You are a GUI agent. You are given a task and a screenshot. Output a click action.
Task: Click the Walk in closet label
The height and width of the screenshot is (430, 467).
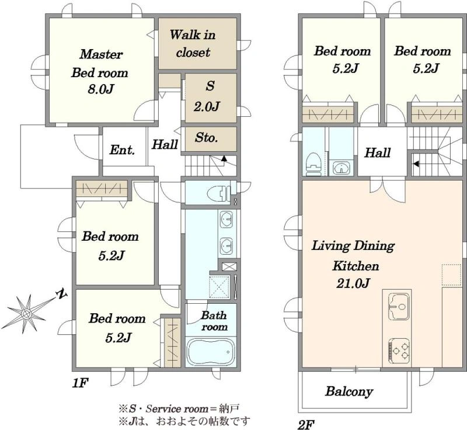pyautogui.click(x=193, y=43)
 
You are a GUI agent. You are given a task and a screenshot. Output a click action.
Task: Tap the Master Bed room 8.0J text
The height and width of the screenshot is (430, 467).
pyautogui.click(x=100, y=72)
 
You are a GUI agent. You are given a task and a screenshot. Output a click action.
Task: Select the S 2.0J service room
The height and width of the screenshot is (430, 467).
pyautogui.click(x=210, y=98)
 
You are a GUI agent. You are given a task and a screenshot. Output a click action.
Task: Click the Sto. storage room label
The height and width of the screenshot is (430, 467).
pyautogui.click(x=207, y=138)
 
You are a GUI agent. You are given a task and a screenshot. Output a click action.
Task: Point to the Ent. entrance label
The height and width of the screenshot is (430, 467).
pyautogui.click(x=122, y=150)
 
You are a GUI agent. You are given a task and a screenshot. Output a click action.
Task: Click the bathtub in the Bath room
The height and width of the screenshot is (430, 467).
pyautogui.click(x=211, y=352)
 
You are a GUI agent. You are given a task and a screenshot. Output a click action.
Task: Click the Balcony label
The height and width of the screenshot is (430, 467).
pyautogui.click(x=349, y=391)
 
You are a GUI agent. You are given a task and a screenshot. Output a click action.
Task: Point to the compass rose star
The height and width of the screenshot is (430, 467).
pyautogui.click(x=26, y=313)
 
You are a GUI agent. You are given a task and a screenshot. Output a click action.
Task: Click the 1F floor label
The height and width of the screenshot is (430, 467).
pyautogui.click(x=81, y=383)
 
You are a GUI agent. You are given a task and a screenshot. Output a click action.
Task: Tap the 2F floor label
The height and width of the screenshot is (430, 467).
pyautogui.click(x=306, y=424)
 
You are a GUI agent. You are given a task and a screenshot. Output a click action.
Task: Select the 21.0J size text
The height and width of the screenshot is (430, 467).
pyautogui.click(x=353, y=283)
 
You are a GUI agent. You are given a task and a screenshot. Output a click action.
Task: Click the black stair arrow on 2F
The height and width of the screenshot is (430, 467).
pyautogui.click(x=416, y=164)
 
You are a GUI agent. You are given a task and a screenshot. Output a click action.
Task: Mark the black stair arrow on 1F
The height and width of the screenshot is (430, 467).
pyautogui.click(x=224, y=158)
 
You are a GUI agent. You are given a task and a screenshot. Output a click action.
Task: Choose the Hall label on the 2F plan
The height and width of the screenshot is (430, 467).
pyautogui.click(x=377, y=153)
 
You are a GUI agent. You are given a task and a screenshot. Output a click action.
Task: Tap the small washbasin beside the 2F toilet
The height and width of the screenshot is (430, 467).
pyautogui.click(x=341, y=168)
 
